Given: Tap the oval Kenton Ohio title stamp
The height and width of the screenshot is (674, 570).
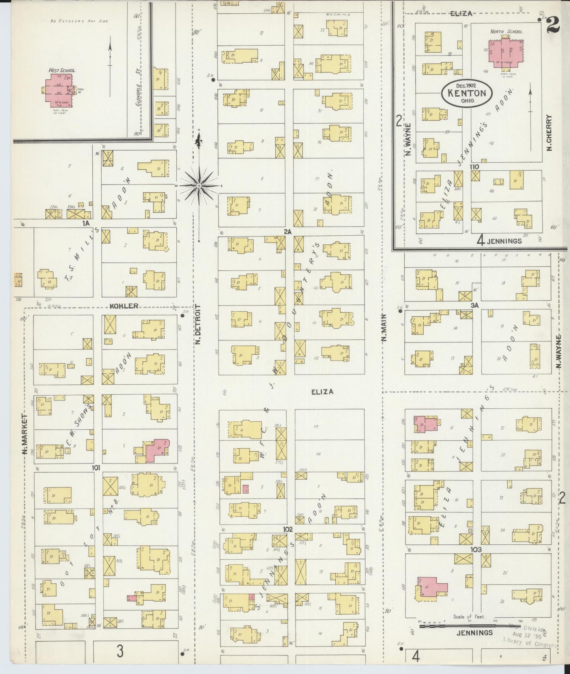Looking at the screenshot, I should [467, 94].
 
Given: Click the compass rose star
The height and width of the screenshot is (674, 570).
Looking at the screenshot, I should [199, 185].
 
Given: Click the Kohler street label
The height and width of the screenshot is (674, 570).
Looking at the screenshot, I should [124, 306].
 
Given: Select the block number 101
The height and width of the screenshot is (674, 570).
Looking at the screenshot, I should [96, 468].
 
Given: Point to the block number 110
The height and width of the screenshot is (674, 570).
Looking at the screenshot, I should [474, 167].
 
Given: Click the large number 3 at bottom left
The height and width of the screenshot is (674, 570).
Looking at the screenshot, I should [120, 651].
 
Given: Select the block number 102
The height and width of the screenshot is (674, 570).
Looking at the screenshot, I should [288, 529].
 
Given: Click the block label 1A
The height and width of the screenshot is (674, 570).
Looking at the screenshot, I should [86, 223].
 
